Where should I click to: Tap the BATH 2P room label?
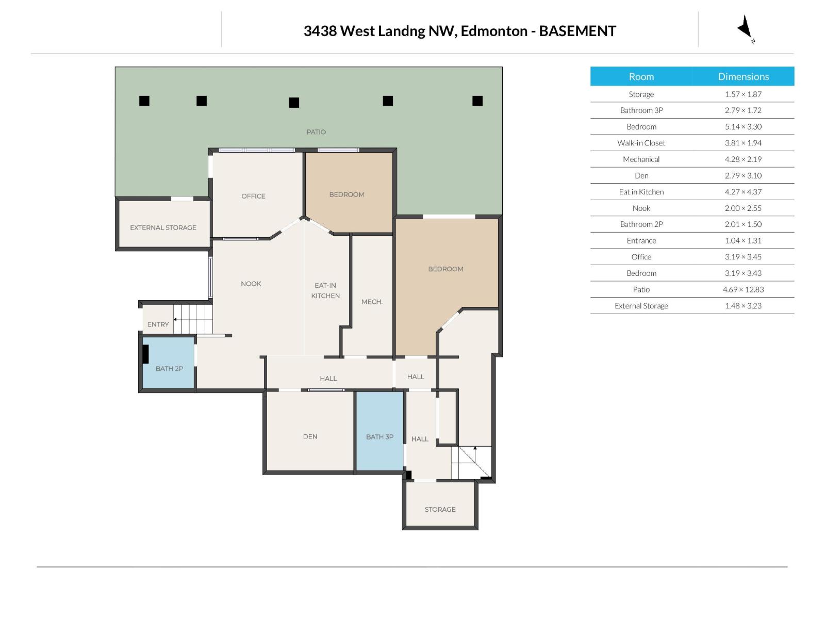169,368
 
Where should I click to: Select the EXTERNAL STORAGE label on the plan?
163,227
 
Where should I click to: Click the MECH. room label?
372,302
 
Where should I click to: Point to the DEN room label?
310,436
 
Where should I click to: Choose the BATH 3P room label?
379,436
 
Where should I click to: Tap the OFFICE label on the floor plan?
253,196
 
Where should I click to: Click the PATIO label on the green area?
316,132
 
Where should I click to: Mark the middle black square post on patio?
294,103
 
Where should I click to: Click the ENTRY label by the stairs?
158,324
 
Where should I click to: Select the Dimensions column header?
743,76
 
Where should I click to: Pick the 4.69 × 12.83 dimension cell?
743,289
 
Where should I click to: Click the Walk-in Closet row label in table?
641,143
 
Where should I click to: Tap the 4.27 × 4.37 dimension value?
743,192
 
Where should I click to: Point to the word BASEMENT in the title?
577,31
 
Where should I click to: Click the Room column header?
641,76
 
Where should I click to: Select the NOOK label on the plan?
251,284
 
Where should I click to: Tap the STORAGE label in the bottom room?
440,509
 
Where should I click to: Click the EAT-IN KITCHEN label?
325,290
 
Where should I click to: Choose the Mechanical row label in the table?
641,159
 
